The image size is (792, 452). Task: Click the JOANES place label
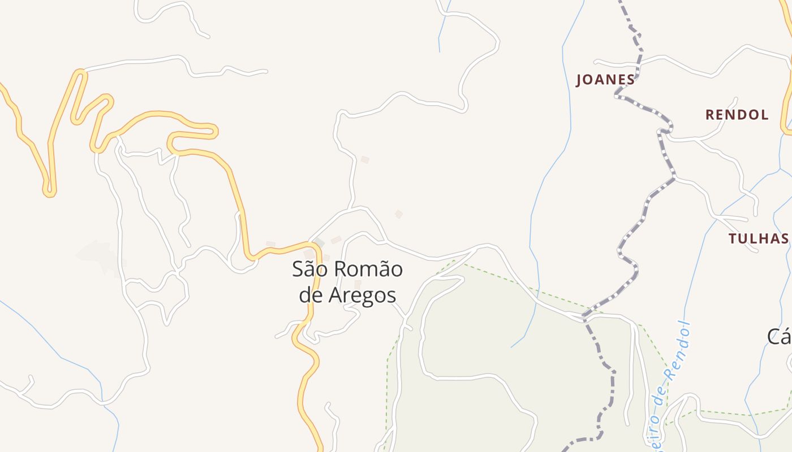605,80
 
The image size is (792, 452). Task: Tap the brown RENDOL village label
737,115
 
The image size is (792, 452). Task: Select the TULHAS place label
759,238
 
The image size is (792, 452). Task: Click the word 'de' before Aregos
311,295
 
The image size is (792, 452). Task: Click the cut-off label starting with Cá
780,337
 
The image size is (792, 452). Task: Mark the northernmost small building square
365,160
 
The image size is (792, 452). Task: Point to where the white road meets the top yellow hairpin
83,71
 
